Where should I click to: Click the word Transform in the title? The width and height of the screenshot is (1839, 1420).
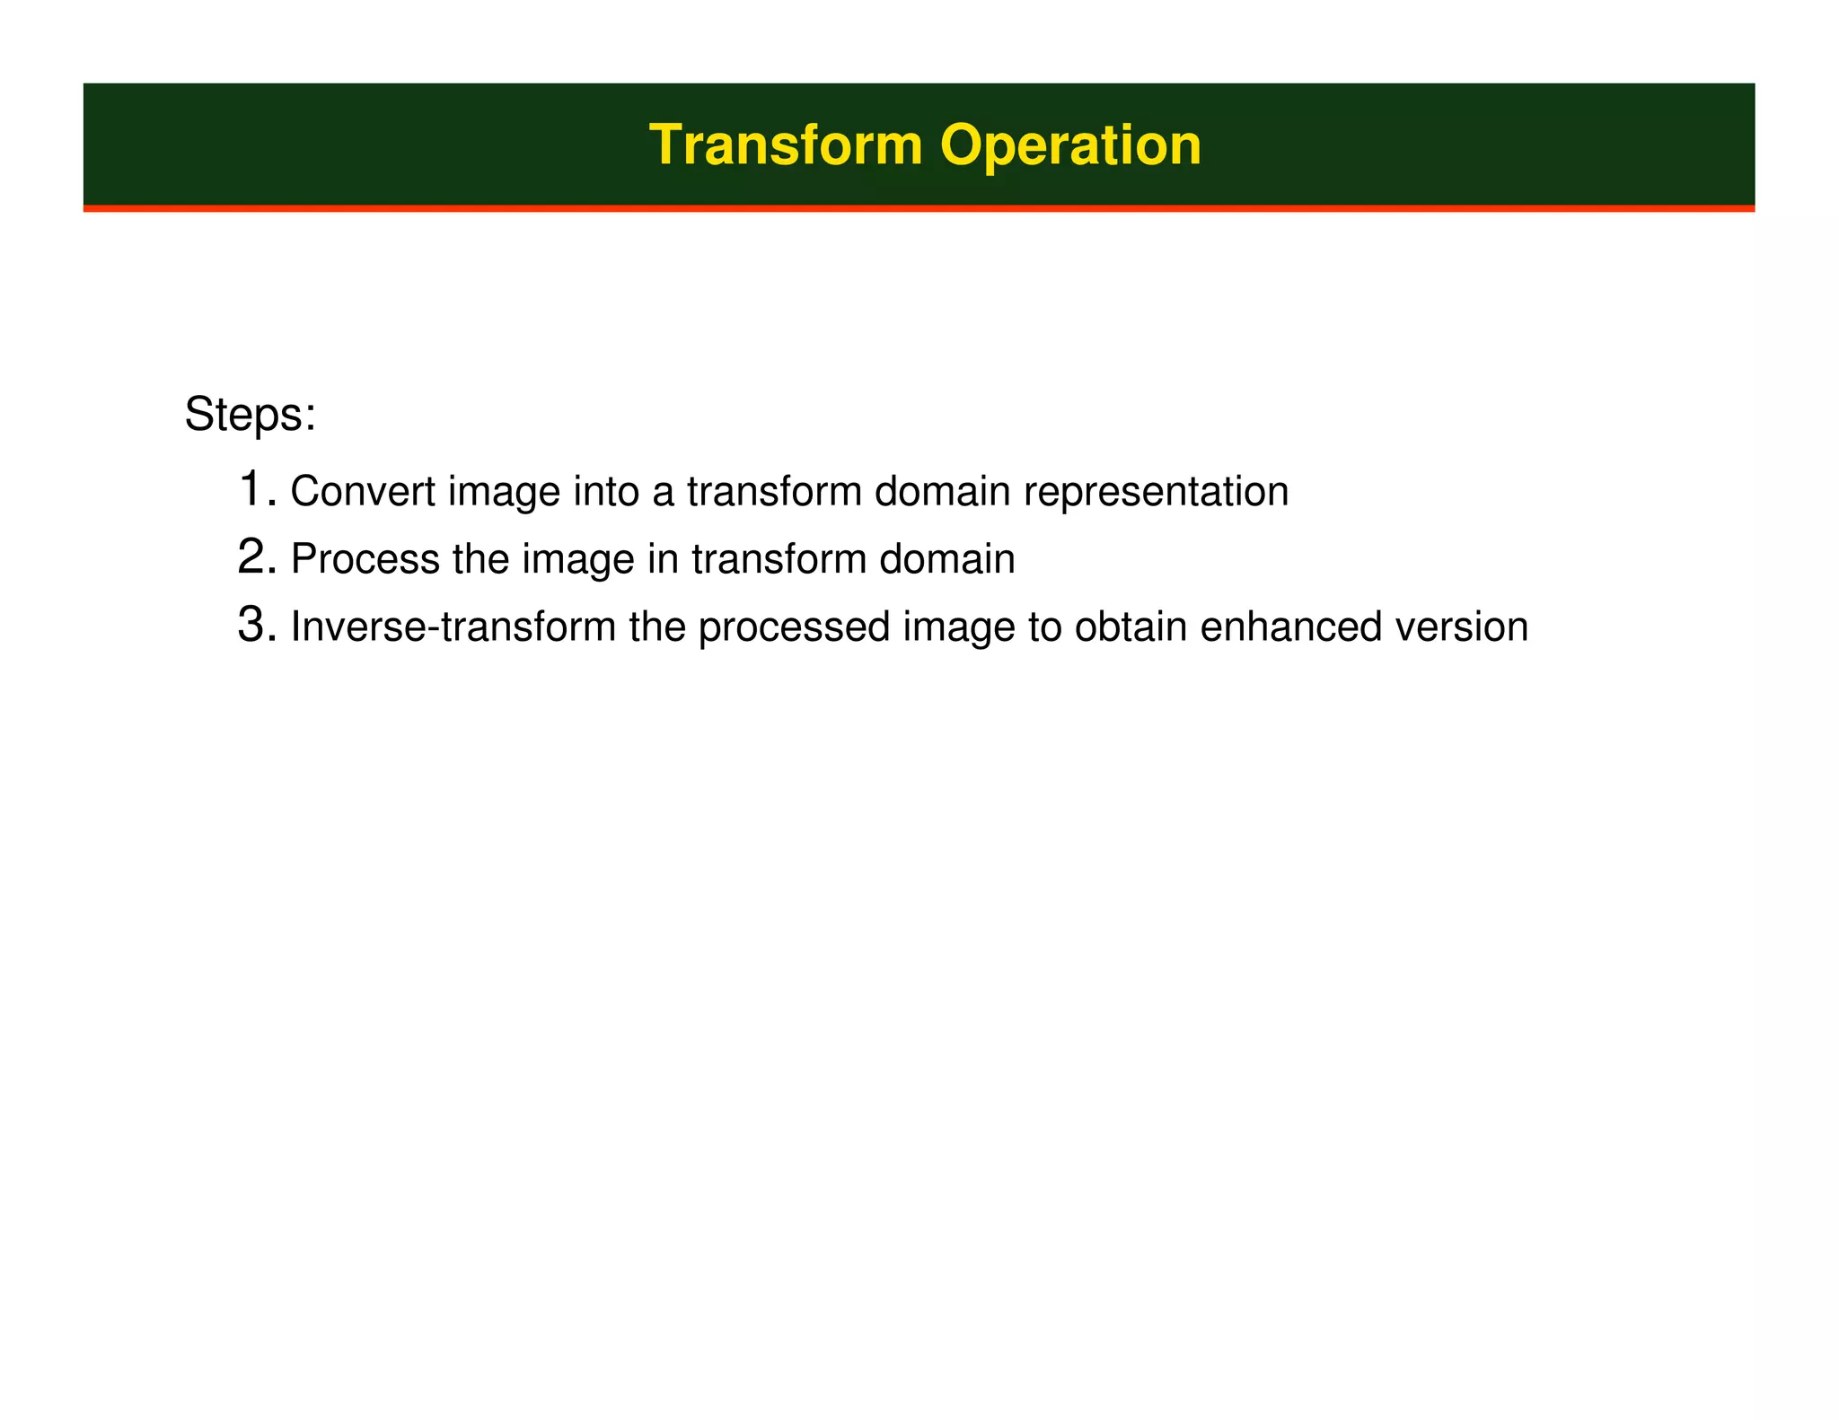(x=785, y=145)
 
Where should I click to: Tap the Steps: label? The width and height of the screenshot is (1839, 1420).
(x=250, y=415)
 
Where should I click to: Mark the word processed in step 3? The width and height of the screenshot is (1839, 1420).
(x=794, y=627)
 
